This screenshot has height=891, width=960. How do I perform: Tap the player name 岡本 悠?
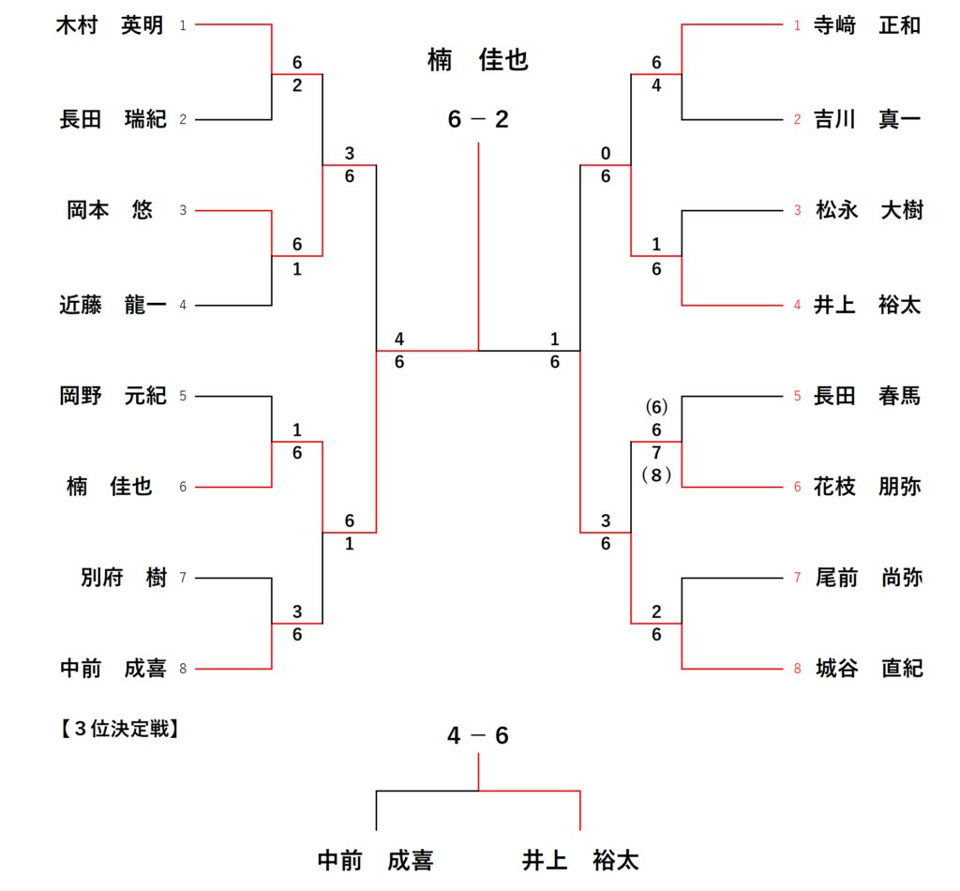tap(110, 210)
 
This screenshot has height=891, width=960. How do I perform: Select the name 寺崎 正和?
tap(867, 26)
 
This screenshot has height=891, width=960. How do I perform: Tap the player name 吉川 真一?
tap(867, 119)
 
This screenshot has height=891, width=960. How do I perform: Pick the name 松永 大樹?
tap(867, 210)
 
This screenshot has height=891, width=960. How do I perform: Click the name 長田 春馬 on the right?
tap(867, 396)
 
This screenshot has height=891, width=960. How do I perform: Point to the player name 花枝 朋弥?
tap(867, 487)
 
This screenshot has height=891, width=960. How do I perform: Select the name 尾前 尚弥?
tap(867, 579)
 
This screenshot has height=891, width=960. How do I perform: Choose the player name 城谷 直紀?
tap(867, 669)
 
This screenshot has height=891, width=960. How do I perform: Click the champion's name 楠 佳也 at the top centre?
tap(478, 62)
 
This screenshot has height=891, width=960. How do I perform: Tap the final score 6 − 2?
tap(478, 120)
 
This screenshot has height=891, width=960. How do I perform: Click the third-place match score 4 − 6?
tap(478, 736)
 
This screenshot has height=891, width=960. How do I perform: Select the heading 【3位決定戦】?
tap(118, 728)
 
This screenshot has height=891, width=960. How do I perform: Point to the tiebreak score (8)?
tap(657, 476)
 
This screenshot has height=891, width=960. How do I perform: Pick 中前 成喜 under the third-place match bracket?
tap(375, 859)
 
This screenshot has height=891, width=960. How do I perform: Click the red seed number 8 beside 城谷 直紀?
tap(797, 669)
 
